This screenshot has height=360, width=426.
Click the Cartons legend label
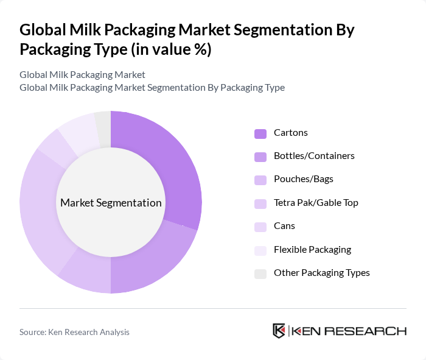pyautogui.click(x=291, y=133)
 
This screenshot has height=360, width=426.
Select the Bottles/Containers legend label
pyautogui.click(x=314, y=156)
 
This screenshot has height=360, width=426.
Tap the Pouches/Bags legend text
pyautogui.click(x=303, y=179)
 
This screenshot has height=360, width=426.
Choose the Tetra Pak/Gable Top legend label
pyautogui.click(x=316, y=203)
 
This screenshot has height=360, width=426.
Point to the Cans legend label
pyautogui.click(x=284, y=226)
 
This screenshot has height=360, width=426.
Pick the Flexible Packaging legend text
pyautogui.click(x=312, y=249)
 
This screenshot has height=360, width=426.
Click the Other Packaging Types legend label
pyautogui.click(x=321, y=273)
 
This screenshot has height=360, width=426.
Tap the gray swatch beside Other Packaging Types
pyautogui.click(x=260, y=274)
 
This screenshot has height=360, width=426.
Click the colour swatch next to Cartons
pyautogui.click(x=260, y=133)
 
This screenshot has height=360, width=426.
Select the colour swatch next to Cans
pyautogui.click(x=260, y=227)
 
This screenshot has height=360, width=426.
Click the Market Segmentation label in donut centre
pyautogui.click(x=111, y=203)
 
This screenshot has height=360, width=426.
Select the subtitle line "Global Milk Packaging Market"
pyautogui.click(x=82, y=75)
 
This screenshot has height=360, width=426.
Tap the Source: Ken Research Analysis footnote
pyautogui.click(x=74, y=332)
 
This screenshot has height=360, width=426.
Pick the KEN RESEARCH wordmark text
pyautogui.click(x=349, y=331)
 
